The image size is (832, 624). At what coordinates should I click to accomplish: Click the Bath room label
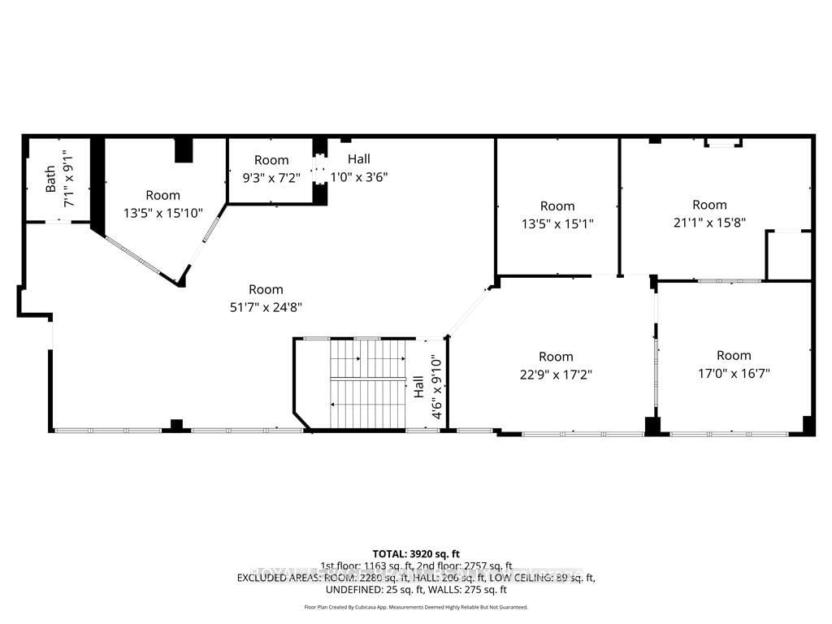[x=50, y=179]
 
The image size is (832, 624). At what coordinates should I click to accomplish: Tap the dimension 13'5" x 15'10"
[x=163, y=213]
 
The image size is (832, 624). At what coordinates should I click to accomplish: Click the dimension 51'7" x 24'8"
[x=266, y=306]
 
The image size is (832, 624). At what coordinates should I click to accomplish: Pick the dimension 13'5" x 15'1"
[x=557, y=223]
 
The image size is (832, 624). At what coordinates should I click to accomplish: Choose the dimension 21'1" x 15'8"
[x=709, y=221]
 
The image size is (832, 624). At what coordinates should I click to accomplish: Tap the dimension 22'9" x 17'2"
[x=556, y=375]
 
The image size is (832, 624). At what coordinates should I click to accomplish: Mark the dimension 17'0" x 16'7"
[x=734, y=373]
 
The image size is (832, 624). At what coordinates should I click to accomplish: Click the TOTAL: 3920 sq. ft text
[x=416, y=553]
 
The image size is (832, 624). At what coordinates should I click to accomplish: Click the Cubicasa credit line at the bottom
[x=416, y=607]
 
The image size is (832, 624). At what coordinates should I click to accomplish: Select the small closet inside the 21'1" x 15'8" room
[x=788, y=255]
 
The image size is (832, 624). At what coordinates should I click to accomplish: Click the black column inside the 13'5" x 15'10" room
[x=184, y=151]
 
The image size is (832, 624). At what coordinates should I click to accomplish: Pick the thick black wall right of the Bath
[x=97, y=185]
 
